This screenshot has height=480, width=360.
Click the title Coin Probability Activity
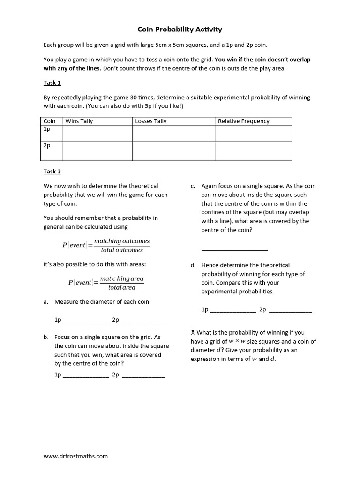tap(180, 29)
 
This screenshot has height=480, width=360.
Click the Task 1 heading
tap(52, 83)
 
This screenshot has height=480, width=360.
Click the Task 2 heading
tap(52, 172)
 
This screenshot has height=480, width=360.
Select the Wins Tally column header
tap(79, 121)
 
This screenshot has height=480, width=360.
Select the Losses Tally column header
tap(151, 121)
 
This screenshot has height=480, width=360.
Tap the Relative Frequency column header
tap(243, 121)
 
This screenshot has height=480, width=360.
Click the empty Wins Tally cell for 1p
tap(97, 133)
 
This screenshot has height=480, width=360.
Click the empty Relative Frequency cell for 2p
tap(253, 150)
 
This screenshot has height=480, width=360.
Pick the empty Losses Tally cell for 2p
tap(173, 150)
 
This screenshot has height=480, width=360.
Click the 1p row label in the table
tap(47, 129)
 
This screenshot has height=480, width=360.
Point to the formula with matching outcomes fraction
tap(106, 245)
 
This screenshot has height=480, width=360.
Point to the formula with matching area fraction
tap(106, 283)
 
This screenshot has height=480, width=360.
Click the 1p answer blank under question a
tap(86, 322)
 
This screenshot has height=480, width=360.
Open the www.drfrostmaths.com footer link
tap(75, 456)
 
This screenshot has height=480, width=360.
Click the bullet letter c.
tap(193, 186)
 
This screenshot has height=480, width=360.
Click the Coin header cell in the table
tap(49, 121)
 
